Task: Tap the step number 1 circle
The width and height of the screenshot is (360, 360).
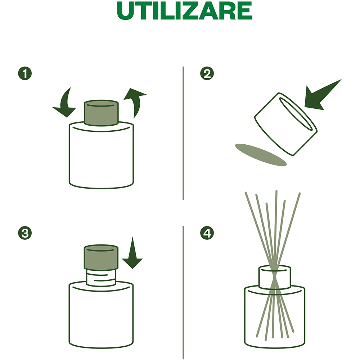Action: click(25, 74)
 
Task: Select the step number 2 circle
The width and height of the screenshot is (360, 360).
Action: click(207, 74)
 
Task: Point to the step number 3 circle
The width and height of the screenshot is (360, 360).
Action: click(25, 233)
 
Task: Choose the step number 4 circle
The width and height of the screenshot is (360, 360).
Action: click(207, 233)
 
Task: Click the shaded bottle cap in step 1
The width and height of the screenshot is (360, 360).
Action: click(101, 113)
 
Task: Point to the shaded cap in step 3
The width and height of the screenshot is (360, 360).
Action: click(101, 258)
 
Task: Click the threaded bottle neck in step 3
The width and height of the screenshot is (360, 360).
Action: click(101, 278)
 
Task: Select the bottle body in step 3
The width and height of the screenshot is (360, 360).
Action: click(101, 317)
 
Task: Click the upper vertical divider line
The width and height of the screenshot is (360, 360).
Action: click(183, 133)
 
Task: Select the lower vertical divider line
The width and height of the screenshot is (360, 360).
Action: click(183, 292)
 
